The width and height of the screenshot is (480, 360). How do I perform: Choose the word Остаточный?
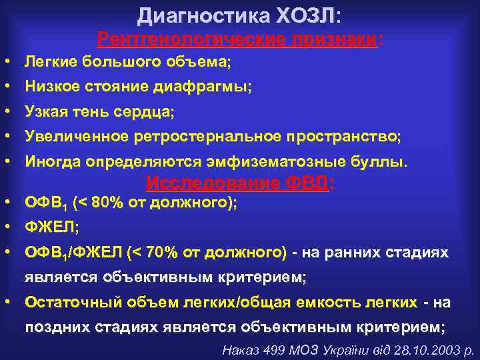point(64,302)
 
